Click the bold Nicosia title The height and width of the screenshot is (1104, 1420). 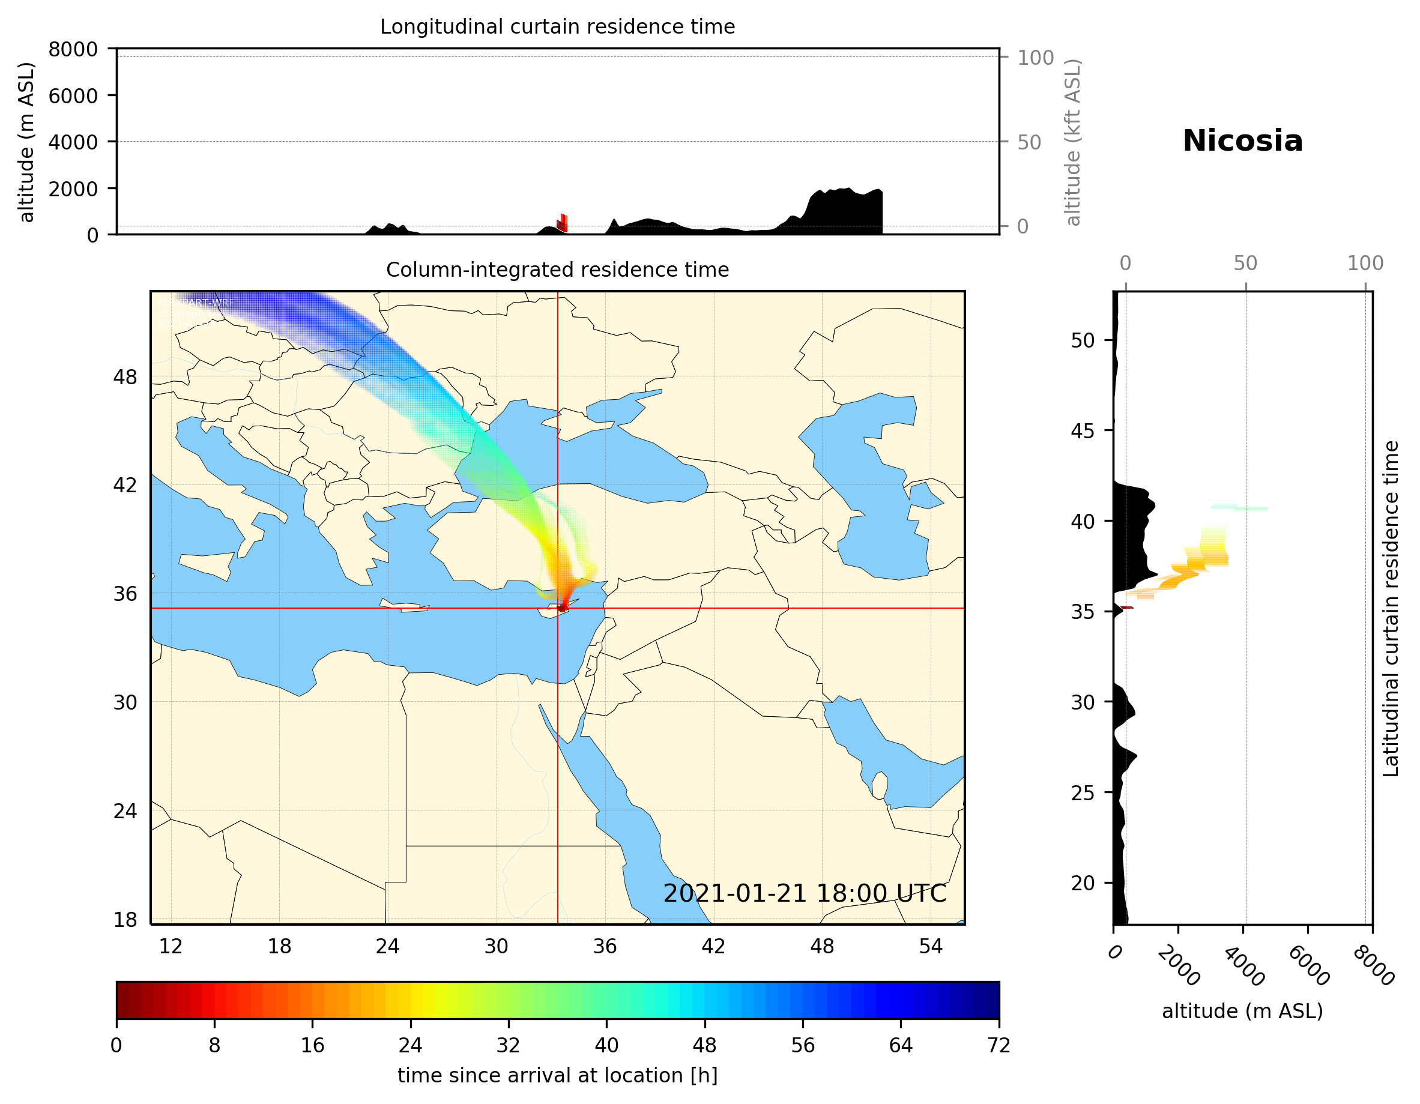coord(1242,141)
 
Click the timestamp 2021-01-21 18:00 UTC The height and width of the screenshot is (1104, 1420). coord(805,893)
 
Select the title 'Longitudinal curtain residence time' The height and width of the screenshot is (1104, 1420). coord(557,26)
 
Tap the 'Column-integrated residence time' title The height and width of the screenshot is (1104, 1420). coord(557,270)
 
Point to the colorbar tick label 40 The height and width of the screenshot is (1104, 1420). coord(606,1046)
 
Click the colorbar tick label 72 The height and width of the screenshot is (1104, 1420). coord(999,1046)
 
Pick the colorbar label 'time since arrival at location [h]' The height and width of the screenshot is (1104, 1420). coord(557,1075)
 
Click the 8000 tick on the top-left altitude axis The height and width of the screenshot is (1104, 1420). coord(73,49)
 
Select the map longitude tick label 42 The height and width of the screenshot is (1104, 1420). coord(713,946)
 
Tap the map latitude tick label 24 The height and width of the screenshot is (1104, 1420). coord(125,812)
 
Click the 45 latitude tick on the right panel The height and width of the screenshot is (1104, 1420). coord(1083,430)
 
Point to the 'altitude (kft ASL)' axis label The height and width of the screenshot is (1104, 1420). coord(1073,142)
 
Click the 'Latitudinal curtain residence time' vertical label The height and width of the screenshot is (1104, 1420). coord(1390,608)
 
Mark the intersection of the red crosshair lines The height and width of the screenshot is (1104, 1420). coord(558,608)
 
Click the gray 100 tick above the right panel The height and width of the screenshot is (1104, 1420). coord(1365,264)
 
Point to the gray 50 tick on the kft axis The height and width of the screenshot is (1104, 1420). coord(1029,142)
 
